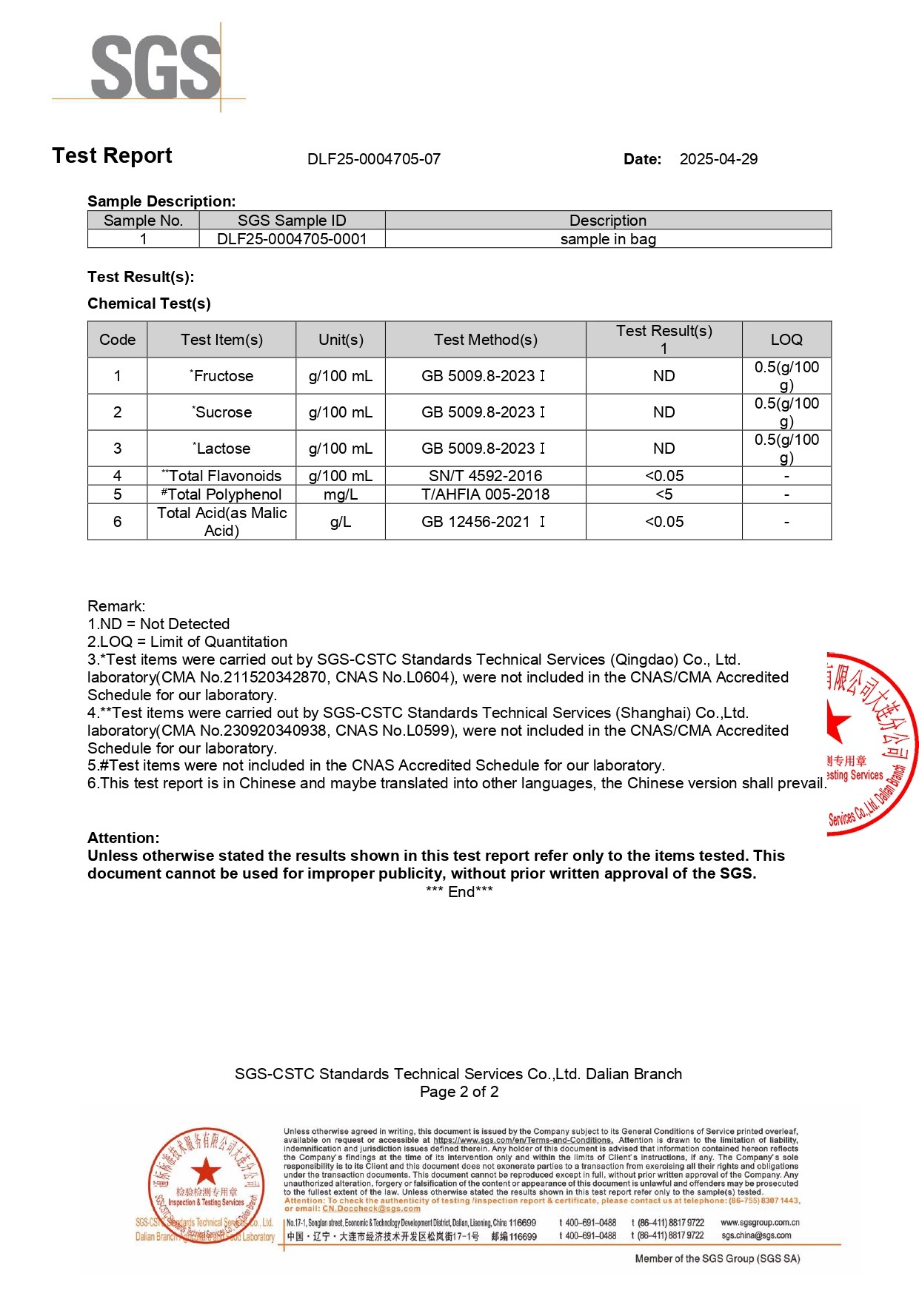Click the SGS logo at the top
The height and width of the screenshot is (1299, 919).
[156, 67]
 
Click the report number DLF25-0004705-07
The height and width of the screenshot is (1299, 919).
[374, 159]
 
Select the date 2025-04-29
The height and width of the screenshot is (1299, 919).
[718, 159]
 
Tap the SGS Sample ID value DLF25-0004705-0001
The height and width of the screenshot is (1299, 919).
[292, 239]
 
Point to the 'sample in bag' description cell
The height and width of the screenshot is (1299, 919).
[608, 239]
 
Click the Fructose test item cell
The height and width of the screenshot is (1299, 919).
[221, 376]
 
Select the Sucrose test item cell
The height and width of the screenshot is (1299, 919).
[221, 412]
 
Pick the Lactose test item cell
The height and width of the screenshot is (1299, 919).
[221, 449]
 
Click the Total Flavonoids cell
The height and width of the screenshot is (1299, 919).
[221, 476]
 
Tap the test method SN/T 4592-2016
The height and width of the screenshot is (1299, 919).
[485, 476]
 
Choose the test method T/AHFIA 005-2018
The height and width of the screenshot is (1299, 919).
[485, 494]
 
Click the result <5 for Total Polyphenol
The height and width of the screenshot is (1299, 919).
[664, 494]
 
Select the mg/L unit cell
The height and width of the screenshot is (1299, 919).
[340, 494]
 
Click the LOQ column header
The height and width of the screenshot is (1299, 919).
[786, 340]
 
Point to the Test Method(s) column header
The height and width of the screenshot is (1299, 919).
[485, 340]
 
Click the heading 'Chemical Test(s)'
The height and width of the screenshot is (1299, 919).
[149, 303]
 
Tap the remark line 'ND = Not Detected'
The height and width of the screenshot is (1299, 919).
[158, 624]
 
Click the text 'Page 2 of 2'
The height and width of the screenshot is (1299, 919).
[459, 1092]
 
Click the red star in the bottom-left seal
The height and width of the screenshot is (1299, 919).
[206, 1172]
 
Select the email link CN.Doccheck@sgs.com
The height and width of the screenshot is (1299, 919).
[371, 1209]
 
